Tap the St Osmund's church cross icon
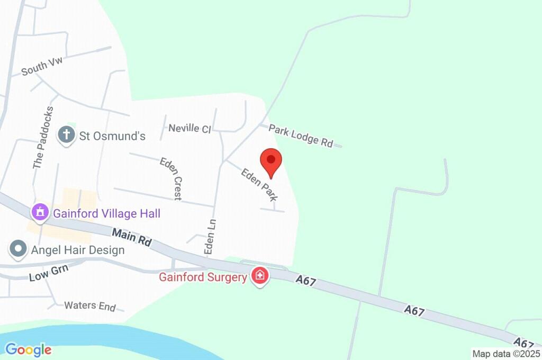click(66, 134)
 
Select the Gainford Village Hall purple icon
click(40, 212)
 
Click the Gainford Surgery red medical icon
click(260, 276)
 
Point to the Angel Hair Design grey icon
click(19, 249)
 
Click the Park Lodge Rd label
click(301, 135)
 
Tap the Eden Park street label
click(259, 184)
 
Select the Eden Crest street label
click(171, 178)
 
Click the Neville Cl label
click(189, 128)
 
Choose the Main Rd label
click(132, 237)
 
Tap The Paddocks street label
click(43, 138)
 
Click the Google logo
click(28, 349)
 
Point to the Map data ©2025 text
click(506, 354)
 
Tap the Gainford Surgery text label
click(203, 277)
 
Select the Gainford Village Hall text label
click(106, 214)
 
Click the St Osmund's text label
click(112, 136)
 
